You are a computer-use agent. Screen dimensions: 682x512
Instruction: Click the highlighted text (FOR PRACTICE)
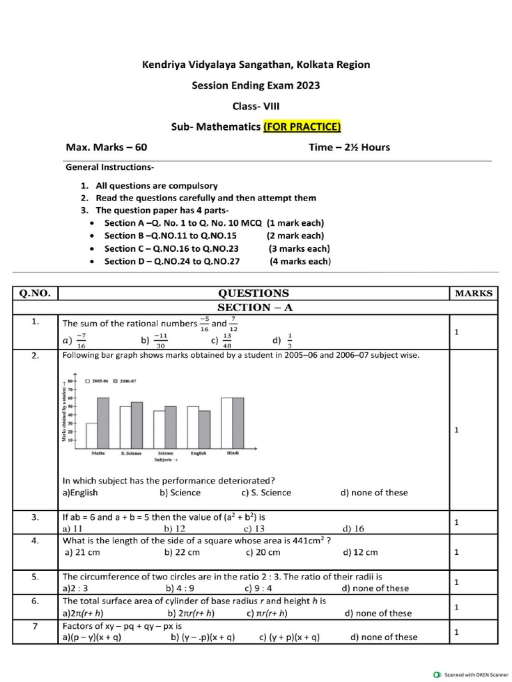(x=302, y=127)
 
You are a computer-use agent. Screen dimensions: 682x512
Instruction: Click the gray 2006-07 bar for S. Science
(x=137, y=425)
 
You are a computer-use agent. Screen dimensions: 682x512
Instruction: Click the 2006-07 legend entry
(x=126, y=381)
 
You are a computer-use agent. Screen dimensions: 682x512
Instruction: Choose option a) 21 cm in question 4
(x=85, y=552)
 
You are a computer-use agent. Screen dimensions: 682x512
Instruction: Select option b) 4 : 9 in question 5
(x=181, y=588)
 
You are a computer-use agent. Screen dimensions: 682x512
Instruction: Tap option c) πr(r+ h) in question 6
(x=267, y=613)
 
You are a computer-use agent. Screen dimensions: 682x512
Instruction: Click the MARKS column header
(x=473, y=293)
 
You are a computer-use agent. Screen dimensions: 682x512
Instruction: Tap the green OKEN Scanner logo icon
(x=437, y=673)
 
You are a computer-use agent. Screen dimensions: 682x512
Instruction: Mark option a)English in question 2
(x=80, y=492)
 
